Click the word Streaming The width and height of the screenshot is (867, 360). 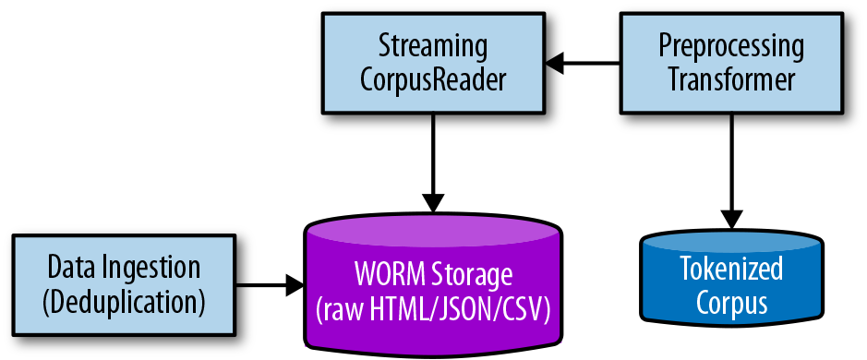[432, 44]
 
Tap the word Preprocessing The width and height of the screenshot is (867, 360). [730, 44]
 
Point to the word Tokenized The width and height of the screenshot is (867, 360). [730, 270]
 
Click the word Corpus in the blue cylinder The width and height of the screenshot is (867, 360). [730, 303]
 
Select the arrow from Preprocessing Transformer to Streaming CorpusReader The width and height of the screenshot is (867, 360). [582, 63]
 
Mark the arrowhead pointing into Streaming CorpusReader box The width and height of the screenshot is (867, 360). [555, 63]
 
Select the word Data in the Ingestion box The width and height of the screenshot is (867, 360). [69, 269]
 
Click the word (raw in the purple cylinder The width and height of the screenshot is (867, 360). [339, 310]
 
